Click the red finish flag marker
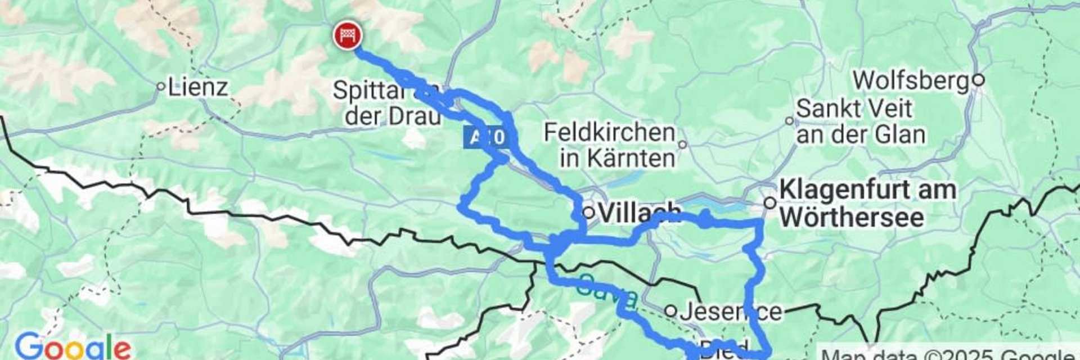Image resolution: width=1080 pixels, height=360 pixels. pyautogui.click(x=348, y=35)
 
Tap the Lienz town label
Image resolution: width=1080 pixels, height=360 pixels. pyautogui.click(x=198, y=87)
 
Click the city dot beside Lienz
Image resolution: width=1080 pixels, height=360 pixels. pyautogui.click(x=161, y=87)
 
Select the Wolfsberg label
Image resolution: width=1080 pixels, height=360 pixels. pyautogui.click(x=912, y=80)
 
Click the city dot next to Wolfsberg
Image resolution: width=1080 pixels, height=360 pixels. pyautogui.click(x=978, y=80)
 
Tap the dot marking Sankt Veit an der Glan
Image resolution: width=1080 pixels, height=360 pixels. pyautogui.click(x=790, y=120)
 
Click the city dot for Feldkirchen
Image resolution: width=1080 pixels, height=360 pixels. pyautogui.click(x=682, y=145)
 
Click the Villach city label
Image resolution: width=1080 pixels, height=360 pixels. pyautogui.click(x=639, y=213)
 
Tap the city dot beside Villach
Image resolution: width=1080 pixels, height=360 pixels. pyautogui.click(x=588, y=213)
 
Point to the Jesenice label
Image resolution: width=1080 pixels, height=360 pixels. pyautogui.click(x=730, y=311)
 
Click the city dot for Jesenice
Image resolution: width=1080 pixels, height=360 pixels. pyautogui.click(x=670, y=310)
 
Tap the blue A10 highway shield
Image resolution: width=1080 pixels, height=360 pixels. pyautogui.click(x=487, y=138)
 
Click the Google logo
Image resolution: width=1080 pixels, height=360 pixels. pyautogui.click(x=72, y=346)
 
